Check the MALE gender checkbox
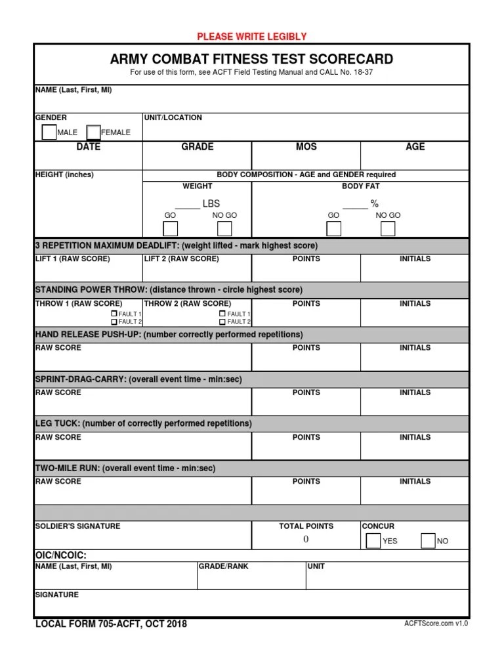(x=49, y=133)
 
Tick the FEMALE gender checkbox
(x=93, y=133)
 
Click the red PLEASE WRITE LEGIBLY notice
(x=252, y=37)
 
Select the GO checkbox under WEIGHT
(x=171, y=228)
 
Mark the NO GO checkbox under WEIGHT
(x=224, y=228)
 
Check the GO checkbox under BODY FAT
(x=333, y=228)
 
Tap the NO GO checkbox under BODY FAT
(x=388, y=228)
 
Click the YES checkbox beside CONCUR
(x=373, y=541)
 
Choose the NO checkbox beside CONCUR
(x=428, y=541)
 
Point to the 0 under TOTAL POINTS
(x=306, y=539)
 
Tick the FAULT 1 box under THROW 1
(x=114, y=314)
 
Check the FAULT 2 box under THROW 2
(x=222, y=322)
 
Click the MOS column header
(x=306, y=147)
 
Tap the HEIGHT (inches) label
(x=64, y=175)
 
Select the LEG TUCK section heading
(x=143, y=424)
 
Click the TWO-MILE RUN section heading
(x=125, y=469)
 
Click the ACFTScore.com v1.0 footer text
(x=436, y=624)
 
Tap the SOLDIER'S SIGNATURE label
(x=77, y=526)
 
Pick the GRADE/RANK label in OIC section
(x=224, y=566)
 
